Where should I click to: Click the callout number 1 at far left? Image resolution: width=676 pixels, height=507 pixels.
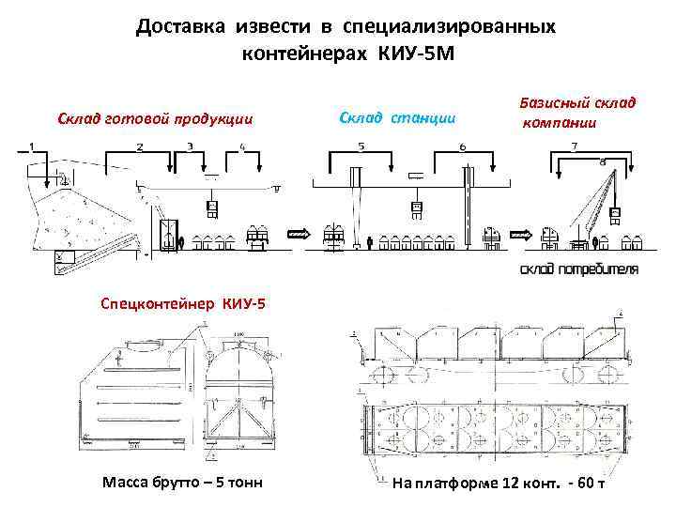click(x=31, y=146)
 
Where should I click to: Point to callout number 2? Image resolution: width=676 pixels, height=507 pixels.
click(x=139, y=146)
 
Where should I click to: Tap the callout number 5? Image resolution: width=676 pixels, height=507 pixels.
click(x=361, y=146)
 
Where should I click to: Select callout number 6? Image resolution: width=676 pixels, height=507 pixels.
click(x=462, y=146)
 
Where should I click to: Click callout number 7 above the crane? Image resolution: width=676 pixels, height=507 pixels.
click(x=574, y=146)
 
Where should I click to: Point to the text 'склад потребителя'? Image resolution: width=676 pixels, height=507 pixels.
click(x=578, y=269)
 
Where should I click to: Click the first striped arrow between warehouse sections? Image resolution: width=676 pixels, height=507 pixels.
click(x=299, y=234)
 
